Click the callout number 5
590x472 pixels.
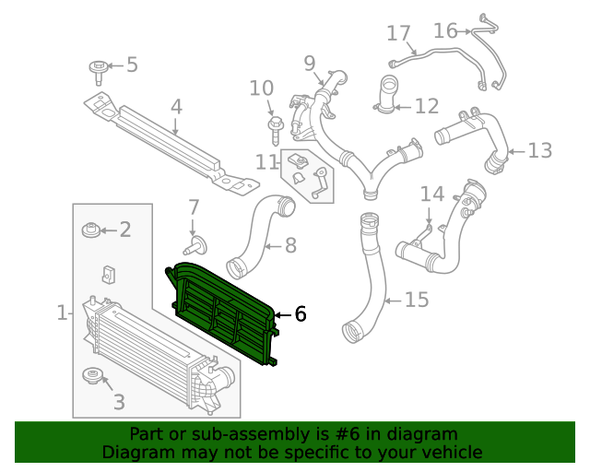(x=132, y=65)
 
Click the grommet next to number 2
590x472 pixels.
(x=91, y=230)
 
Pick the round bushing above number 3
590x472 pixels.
(x=93, y=376)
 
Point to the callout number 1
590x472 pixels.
(x=62, y=313)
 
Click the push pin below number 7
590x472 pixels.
(x=195, y=244)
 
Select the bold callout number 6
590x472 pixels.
(x=300, y=314)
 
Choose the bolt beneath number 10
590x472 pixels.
(x=274, y=124)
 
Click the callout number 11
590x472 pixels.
(x=267, y=162)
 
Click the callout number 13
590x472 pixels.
(x=539, y=149)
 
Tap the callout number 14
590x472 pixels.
(x=432, y=195)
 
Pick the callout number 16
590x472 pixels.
(x=445, y=31)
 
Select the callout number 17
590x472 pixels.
(x=398, y=35)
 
